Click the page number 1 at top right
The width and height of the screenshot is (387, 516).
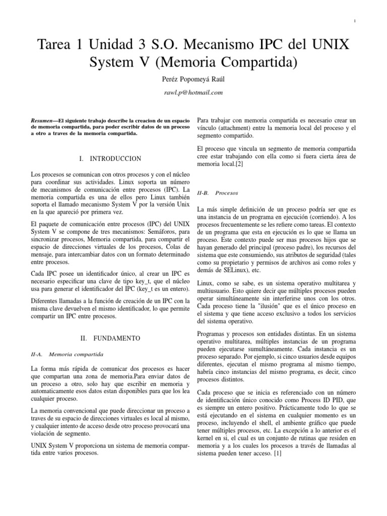(x=355, y=21)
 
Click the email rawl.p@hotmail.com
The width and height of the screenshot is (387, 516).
(x=193, y=93)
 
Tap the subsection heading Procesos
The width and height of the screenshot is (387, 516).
(x=226, y=192)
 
